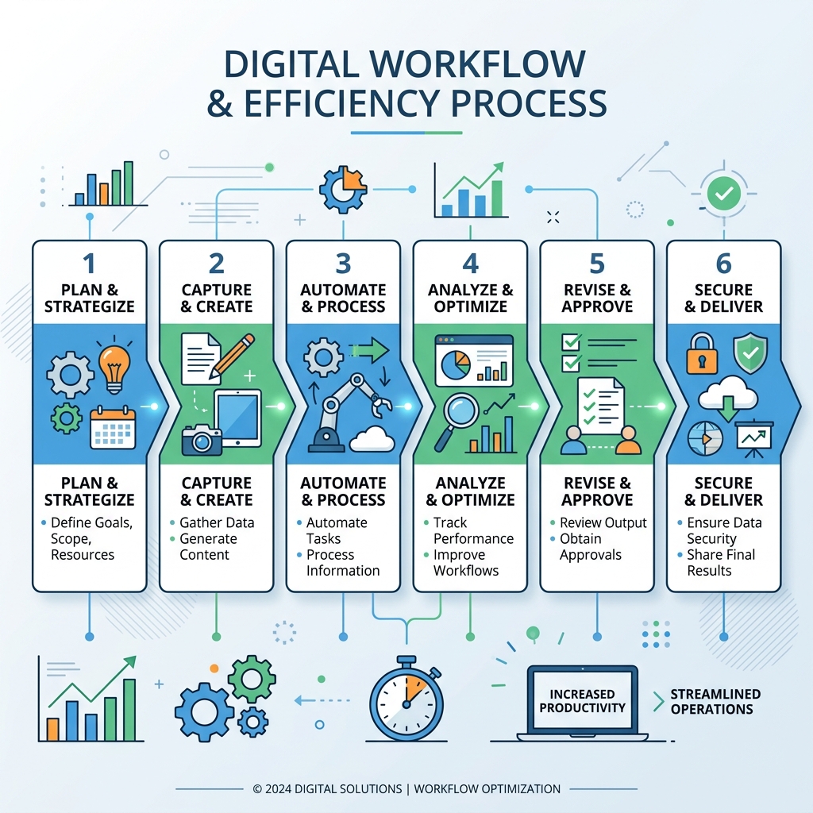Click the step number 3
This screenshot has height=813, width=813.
click(x=343, y=264)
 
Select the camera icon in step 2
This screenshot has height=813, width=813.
click(x=202, y=440)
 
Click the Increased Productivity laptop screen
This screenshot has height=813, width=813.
click(x=582, y=700)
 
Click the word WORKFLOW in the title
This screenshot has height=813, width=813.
click(x=477, y=64)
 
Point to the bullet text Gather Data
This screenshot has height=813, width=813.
click(x=217, y=522)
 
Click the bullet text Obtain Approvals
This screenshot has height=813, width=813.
click(x=591, y=546)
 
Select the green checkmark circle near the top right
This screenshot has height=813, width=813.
click(x=724, y=194)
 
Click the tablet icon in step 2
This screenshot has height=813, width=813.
click(x=238, y=418)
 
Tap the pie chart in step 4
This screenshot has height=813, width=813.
click(x=456, y=365)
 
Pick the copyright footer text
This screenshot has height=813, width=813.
click(x=406, y=788)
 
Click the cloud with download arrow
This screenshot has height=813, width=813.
click(x=728, y=398)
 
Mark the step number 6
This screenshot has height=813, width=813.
click(x=724, y=264)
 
